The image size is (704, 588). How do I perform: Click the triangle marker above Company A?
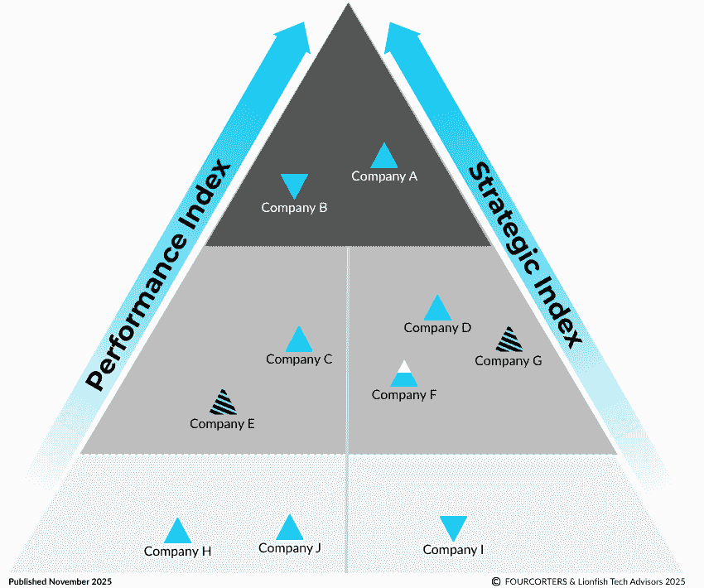click(x=383, y=157)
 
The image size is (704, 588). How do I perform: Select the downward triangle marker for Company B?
click(x=294, y=185)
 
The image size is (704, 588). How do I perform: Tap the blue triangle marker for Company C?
click(x=299, y=340)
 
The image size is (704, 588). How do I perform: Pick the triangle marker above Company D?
click(x=437, y=309)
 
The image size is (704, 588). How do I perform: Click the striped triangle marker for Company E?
click(x=222, y=403)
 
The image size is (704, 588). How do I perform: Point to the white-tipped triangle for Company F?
click(x=403, y=375)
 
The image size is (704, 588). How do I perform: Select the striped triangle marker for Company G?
click(x=509, y=340)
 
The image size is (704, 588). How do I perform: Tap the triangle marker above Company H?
click(x=177, y=533)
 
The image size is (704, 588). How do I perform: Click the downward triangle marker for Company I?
click(x=453, y=528)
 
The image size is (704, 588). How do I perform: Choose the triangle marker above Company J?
click(x=289, y=528)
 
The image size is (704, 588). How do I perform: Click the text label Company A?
click(x=384, y=176)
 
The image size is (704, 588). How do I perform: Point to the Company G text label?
click(x=508, y=361)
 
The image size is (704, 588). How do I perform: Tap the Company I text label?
click(x=453, y=550)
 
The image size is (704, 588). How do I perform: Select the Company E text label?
click(x=222, y=424)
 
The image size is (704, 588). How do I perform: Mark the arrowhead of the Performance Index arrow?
click(x=292, y=38)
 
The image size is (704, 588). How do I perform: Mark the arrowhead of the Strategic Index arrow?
click(x=403, y=38)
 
